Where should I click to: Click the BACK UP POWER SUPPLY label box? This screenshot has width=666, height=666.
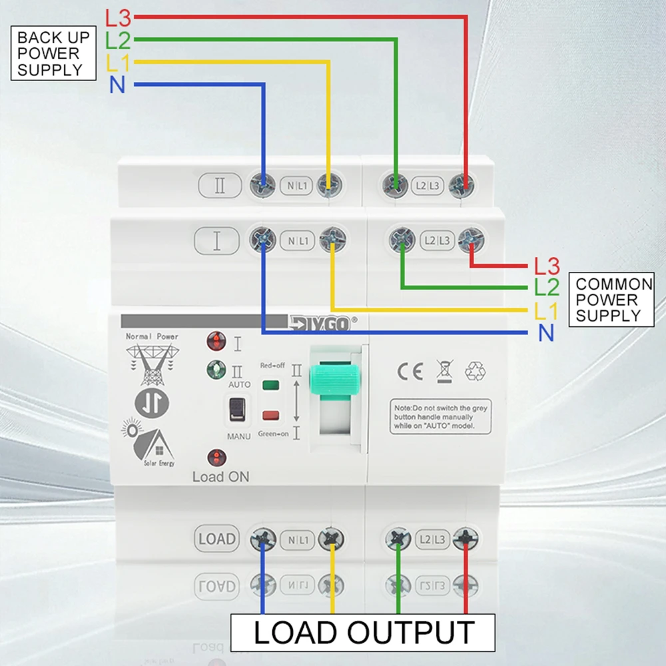tap(50, 53)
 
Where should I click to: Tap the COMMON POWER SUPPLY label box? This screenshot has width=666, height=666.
tap(611, 299)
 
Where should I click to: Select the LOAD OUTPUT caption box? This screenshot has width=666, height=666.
tap(363, 632)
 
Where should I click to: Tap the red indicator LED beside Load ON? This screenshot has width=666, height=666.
tap(217, 458)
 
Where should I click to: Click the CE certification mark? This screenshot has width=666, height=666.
tap(410, 371)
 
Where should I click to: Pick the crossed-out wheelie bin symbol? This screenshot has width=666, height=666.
tap(443, 370)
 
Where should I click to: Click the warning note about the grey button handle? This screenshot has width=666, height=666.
tap(440, 416)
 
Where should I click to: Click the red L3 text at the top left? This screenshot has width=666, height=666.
tap(119, 18)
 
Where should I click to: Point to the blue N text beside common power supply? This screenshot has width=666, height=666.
tap(546, 332)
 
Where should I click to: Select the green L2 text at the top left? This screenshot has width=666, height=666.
tap(118, 41)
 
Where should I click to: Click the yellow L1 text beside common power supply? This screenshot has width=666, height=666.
tap(546, 310)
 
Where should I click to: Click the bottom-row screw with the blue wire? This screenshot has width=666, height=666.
tap(263, 538)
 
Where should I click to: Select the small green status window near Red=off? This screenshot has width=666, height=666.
tap(270, 385)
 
